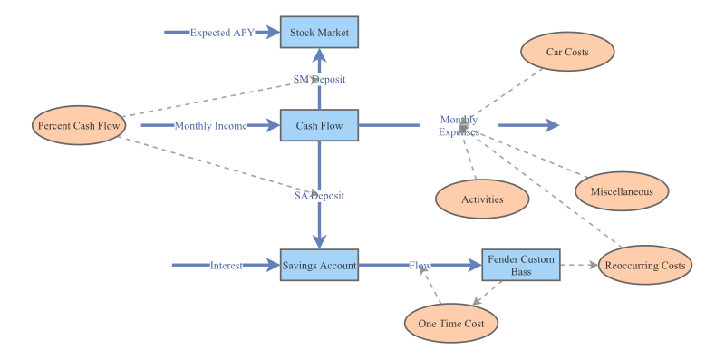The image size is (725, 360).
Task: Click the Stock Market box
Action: coord(319,33)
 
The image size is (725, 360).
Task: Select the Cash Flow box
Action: coord(319,126)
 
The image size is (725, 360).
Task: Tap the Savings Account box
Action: coord(319,266)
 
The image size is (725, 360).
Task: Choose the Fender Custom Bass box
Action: coord(521,266)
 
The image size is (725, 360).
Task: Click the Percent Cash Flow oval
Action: coord(78,126)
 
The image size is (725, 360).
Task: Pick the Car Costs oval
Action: coord(567,52)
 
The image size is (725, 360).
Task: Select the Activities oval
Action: coord(482,199)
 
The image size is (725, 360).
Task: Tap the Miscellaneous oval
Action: coord(622,191)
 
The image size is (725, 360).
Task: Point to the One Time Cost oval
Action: coord(451,324)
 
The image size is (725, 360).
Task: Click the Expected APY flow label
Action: coord(222,33)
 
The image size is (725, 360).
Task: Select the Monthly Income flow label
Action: coord(210,126)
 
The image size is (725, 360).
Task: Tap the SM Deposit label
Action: coord(319,79)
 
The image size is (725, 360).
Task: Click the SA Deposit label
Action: coord(319,195)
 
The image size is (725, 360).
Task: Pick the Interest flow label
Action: coord(227,266)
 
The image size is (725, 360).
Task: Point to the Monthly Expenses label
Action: coord(459,126)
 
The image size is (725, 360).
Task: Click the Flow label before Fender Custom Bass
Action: coord(420,266)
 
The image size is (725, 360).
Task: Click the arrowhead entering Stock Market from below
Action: coord(319,55)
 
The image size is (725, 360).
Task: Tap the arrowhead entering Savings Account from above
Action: coord(319,241)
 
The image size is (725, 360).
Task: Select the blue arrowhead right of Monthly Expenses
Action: coord(551,126)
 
